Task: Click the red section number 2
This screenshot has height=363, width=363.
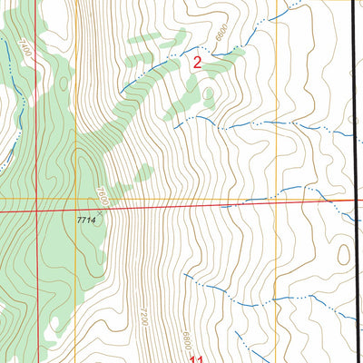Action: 197,64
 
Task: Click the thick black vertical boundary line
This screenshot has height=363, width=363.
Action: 354,136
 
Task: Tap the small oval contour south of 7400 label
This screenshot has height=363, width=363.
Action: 63,83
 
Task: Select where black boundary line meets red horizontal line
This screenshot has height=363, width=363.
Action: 355,200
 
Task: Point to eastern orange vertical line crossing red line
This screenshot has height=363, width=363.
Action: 276,202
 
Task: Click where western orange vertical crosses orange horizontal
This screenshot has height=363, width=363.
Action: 76,198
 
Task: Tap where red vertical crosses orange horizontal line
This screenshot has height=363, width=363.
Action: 35,198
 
